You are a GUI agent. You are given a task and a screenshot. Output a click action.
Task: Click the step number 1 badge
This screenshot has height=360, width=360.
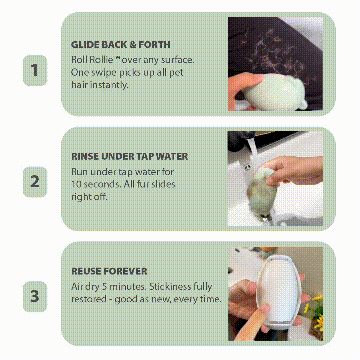(x=35, y=70)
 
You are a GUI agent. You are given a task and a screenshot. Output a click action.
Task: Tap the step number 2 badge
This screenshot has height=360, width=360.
(x=35, y=182)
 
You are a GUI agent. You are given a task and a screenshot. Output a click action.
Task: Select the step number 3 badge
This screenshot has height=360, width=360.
(x=35, y=296)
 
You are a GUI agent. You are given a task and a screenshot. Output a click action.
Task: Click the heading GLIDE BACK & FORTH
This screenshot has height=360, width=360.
(x=121, y=45)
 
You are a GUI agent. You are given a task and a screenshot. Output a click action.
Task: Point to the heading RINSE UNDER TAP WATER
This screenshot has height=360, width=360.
(x=129, y=156)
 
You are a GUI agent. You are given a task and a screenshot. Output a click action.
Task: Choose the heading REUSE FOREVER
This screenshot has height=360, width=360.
(x=109, y=271)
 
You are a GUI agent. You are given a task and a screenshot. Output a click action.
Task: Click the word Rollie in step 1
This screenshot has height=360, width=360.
(x=101, y=60)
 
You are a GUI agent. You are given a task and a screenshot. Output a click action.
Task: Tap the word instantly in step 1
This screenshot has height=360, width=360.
(x=109, y=85)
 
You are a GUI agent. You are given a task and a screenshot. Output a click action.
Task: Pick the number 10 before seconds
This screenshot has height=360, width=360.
(x=76, y=184)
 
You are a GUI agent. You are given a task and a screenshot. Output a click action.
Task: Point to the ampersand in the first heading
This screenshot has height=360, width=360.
(x=133, y=45)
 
